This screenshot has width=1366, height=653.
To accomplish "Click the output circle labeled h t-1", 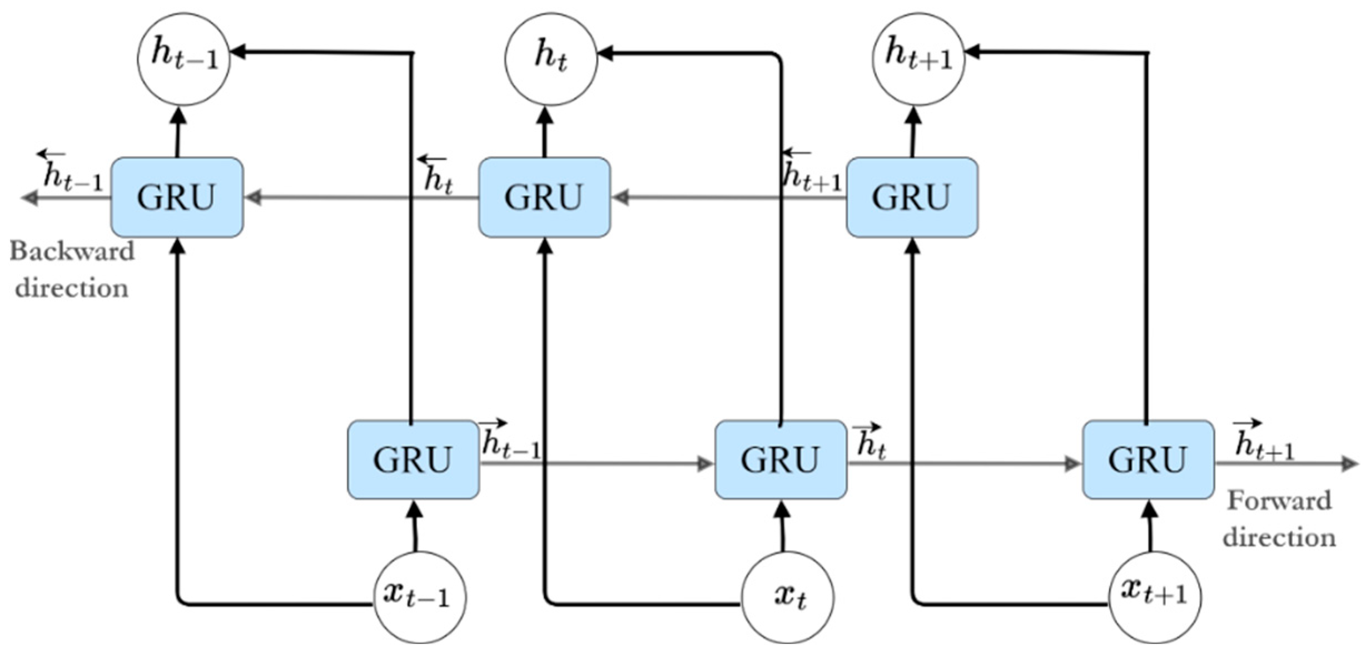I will pos(183,59).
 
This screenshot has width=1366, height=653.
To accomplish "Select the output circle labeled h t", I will pos(551,59).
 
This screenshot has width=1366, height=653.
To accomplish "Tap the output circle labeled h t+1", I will pos(918,59).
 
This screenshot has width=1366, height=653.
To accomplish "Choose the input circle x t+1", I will pos(1154,597).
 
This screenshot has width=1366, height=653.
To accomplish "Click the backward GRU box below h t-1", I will pos(177,197).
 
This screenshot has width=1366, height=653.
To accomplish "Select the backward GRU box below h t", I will pos(544,197).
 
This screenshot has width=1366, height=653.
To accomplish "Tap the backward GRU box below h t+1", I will pos(912,197).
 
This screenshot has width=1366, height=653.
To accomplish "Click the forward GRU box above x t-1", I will pos(413,460).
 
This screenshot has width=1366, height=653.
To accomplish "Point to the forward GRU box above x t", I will pos(781,460).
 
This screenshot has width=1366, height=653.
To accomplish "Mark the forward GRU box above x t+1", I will pos(1148,460).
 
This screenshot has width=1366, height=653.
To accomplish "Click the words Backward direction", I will pos(72,270).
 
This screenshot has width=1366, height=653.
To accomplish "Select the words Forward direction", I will pos(1279,519).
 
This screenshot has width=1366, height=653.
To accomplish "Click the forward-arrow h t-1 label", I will pos(509,441).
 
